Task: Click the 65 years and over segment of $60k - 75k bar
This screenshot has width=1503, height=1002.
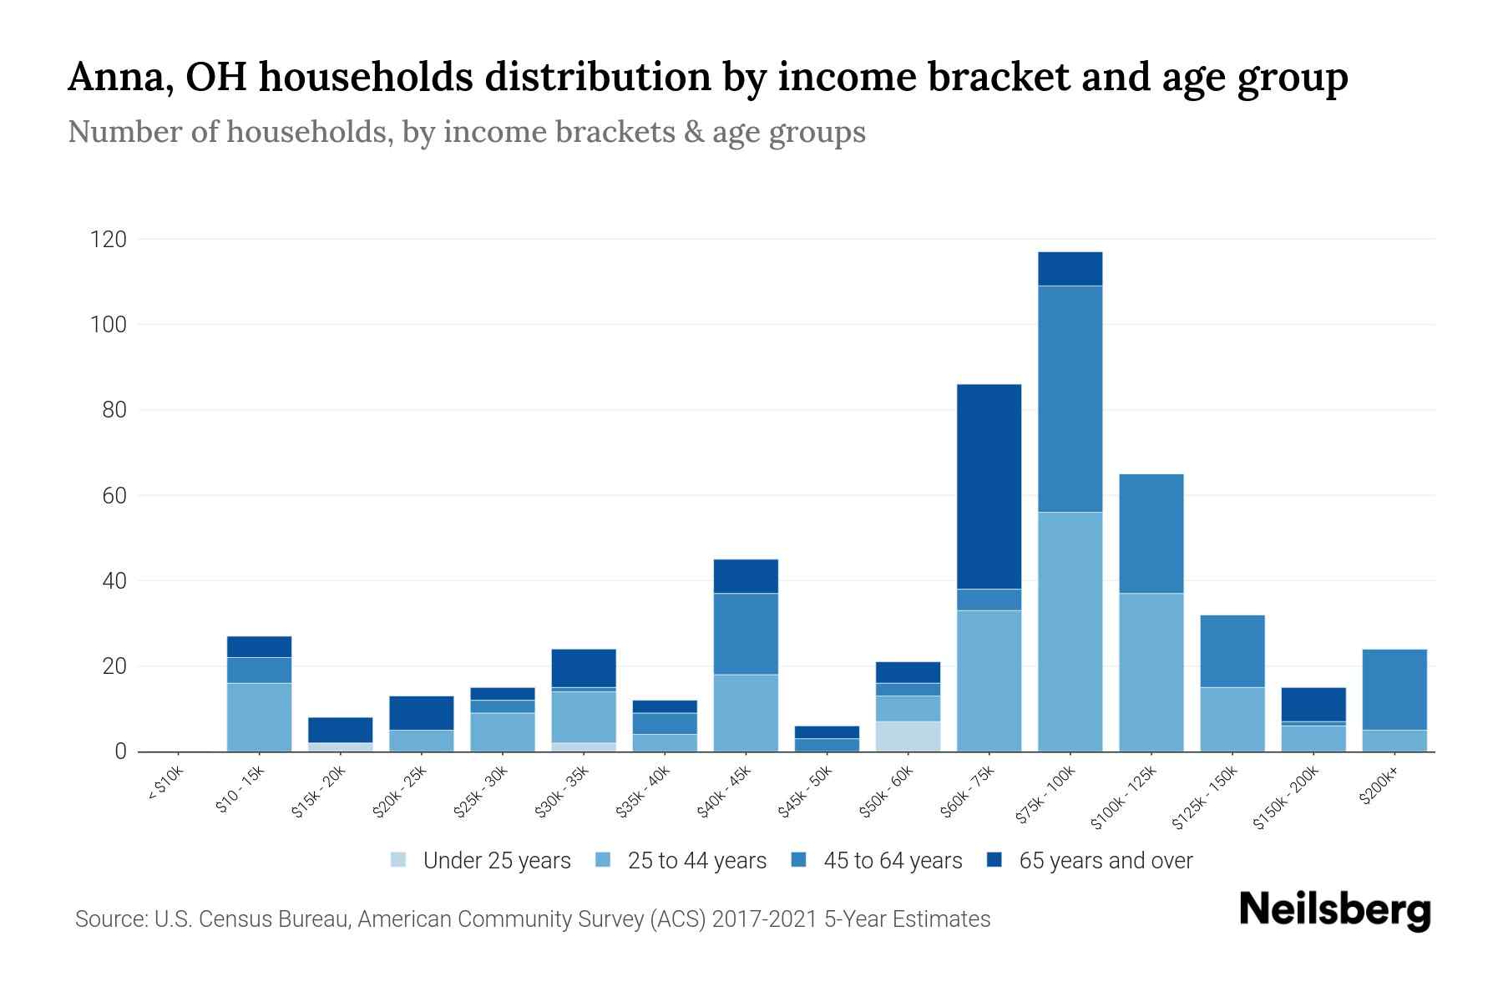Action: [989, 487]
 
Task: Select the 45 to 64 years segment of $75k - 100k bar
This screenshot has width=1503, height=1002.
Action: [1070, 399]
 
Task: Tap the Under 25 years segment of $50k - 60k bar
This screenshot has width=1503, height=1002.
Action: [908, 736]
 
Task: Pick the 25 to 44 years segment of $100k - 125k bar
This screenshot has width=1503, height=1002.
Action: [1151, 672]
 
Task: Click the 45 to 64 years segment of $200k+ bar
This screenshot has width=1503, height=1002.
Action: [1394, 690]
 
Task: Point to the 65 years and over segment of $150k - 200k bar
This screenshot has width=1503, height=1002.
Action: [1313, 704]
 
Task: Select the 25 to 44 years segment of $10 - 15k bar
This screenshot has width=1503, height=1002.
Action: [259, 717]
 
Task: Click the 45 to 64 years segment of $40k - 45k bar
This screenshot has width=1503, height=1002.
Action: [746, 634]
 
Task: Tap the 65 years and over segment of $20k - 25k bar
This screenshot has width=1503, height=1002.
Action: [421, 713]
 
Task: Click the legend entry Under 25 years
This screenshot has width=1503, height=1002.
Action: [496, 861]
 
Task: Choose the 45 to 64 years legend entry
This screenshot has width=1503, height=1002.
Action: [892, 861]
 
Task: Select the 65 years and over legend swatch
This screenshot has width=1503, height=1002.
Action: [994, 860]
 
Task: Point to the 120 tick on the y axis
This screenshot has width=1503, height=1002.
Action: [109, 240]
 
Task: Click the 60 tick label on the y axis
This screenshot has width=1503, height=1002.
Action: [114, 496]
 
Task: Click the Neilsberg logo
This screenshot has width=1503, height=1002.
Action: [1335, 910]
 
